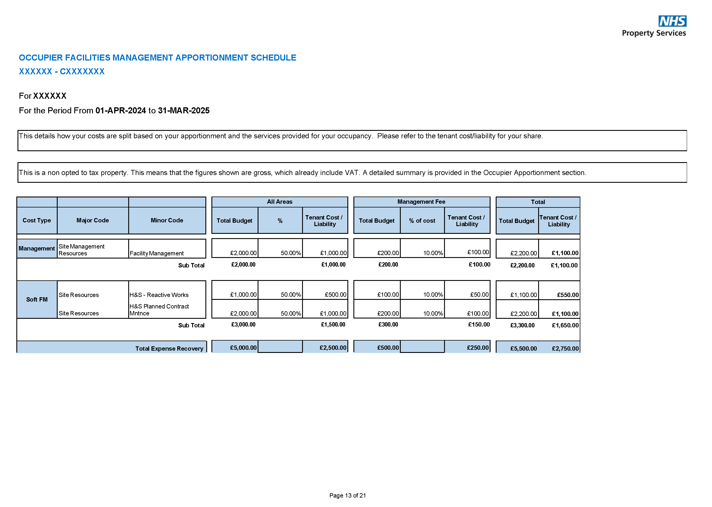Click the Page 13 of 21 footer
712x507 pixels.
click(347, 495)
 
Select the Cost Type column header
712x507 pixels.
click(37, 220)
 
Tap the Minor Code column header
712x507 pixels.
click(167, 220)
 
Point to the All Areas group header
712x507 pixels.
click(279, 202)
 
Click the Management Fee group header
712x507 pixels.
click(421, 202)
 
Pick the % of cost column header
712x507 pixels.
click(422, 220)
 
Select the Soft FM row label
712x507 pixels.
click(37, 299)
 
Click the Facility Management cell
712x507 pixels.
click(156, 253)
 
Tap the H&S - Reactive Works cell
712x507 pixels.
click(159, 295)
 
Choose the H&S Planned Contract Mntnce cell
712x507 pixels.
click(159, 309)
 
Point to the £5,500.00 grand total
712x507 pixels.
click(523, 348)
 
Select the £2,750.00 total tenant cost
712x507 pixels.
click(565, 348)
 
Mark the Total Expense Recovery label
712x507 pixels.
click(169, 348)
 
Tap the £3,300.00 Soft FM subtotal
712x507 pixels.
click(522, 325)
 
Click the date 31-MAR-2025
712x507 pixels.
click(184, 110)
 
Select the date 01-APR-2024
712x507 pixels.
click(120, 110)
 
